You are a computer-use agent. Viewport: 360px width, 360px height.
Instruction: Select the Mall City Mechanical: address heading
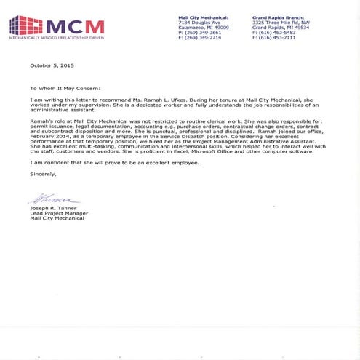click(204, 17)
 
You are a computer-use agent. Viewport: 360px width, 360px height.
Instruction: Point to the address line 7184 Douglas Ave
click(200, 22)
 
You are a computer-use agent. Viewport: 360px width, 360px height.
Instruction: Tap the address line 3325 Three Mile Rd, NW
click(280, 22)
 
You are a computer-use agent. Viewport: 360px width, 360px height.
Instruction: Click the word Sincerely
click(43, 174)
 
